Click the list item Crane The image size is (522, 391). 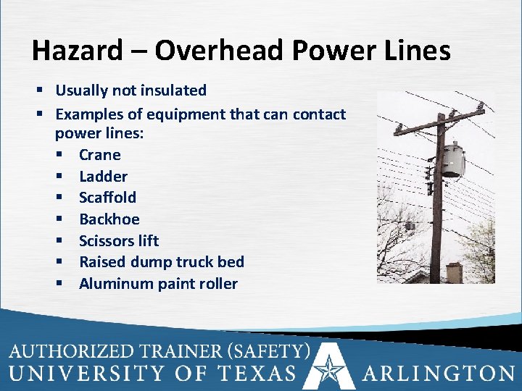[99, 154]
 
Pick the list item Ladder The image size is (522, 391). [103, 176]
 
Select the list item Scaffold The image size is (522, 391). [107, 197]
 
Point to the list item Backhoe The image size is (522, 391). [109, 219]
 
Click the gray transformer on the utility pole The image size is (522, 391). [453, 160]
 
